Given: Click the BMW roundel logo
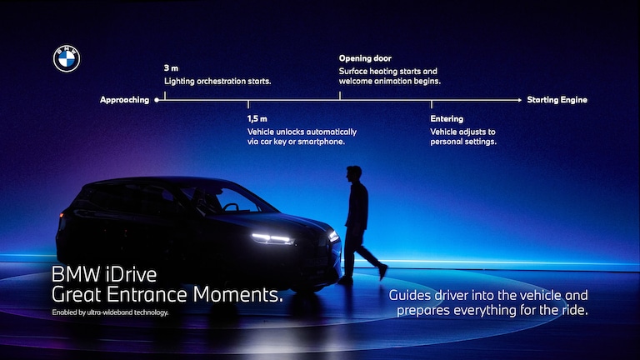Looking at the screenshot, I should click(x=67, y=58).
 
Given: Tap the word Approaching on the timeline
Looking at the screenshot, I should click(x=124, y=100).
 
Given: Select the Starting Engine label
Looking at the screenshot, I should click(x=557, y=100).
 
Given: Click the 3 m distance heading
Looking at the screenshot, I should click(x=171, y=67).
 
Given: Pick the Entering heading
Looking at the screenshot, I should click(x=447, y=119).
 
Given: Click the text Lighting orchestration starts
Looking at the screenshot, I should click(x=217, y=82).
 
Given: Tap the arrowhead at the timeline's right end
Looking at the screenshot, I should click(x=520, y=100).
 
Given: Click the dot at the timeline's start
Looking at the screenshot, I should click(x=157, y=100).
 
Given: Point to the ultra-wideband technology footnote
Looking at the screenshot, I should click(x=110, y=312).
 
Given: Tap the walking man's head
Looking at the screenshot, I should click(x=354, y=174).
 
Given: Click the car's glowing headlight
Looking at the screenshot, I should click(x=272, y=238).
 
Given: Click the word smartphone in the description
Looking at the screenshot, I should click(x=325, y=142).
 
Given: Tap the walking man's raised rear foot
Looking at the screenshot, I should click(x=382, y=271).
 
